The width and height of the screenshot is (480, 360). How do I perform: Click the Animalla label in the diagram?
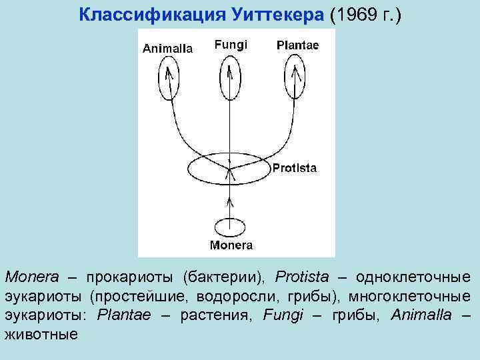[168, 48]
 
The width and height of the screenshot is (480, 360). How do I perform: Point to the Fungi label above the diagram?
[231, 45]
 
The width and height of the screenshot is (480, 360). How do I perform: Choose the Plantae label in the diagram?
[297, 45]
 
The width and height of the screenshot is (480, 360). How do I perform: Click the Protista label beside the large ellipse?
[294, 168]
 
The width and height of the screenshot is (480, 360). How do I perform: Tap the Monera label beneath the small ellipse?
[231, 245]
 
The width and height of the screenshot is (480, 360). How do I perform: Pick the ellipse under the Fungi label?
[229, 75]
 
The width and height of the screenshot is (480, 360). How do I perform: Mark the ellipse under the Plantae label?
[294, 75]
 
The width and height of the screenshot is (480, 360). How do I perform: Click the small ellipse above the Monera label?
[230, 227]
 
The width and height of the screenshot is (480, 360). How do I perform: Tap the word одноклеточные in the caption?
[413, 277]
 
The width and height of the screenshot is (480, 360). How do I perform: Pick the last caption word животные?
[41, 334]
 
